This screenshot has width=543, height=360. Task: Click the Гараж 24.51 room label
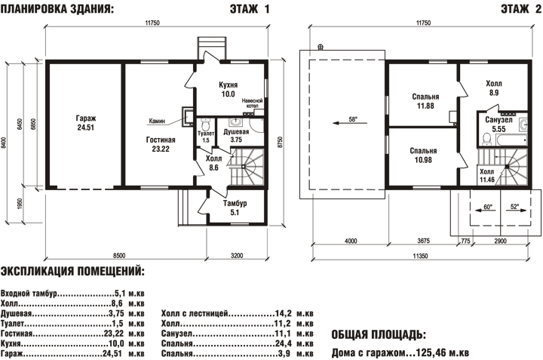point(86,123)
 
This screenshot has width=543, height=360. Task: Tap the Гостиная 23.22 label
point(161,144)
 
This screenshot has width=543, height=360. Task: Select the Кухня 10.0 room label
point(229,89)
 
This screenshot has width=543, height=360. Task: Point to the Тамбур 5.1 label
point(235,208)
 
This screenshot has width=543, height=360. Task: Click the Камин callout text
point(157,122)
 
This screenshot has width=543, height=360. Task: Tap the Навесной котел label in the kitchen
point(252,103)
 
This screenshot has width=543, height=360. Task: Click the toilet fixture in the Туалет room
point(206,124)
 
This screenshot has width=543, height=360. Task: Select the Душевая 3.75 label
point(236,136)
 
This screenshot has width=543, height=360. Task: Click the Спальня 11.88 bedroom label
point(425,101)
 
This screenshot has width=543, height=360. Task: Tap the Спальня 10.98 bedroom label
point(423,155)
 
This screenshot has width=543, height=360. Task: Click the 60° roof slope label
point(488,207)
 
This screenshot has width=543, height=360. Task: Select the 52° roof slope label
point(514,206)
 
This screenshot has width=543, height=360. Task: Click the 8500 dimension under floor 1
point(119,255)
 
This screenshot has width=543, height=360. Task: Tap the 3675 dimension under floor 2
point(423,241)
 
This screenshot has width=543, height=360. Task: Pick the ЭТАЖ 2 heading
point(520,9)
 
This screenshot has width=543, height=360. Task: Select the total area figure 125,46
point(431,352)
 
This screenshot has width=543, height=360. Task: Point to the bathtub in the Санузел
point(511,140)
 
